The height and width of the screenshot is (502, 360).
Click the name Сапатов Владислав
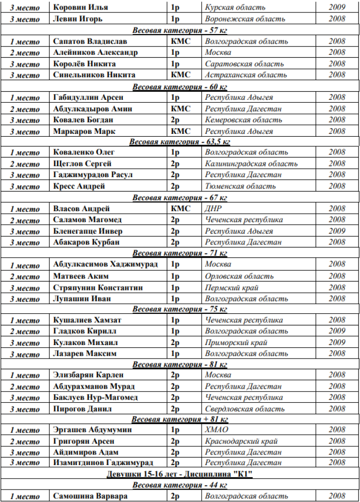[90, 41]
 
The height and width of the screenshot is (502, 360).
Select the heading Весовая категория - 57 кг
[180, 30]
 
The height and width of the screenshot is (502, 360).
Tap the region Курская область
[235, 8]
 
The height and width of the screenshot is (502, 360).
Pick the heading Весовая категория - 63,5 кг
[180, 142]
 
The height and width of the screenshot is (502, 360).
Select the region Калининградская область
[251, 164]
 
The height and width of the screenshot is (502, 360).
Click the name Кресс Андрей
[79, 186]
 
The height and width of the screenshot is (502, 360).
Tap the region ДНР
[213, 209]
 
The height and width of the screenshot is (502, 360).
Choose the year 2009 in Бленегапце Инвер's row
[337, 231]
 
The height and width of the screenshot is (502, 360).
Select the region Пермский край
[231, 287]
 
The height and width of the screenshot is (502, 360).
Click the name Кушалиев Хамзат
[87, 320]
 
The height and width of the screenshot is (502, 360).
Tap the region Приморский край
[236, 343]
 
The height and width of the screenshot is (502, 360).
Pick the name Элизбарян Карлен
[88, 375]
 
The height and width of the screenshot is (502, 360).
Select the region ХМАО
[216, 430]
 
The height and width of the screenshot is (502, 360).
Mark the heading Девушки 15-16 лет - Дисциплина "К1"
[180, 475]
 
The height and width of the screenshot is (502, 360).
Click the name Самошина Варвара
[90, 496]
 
